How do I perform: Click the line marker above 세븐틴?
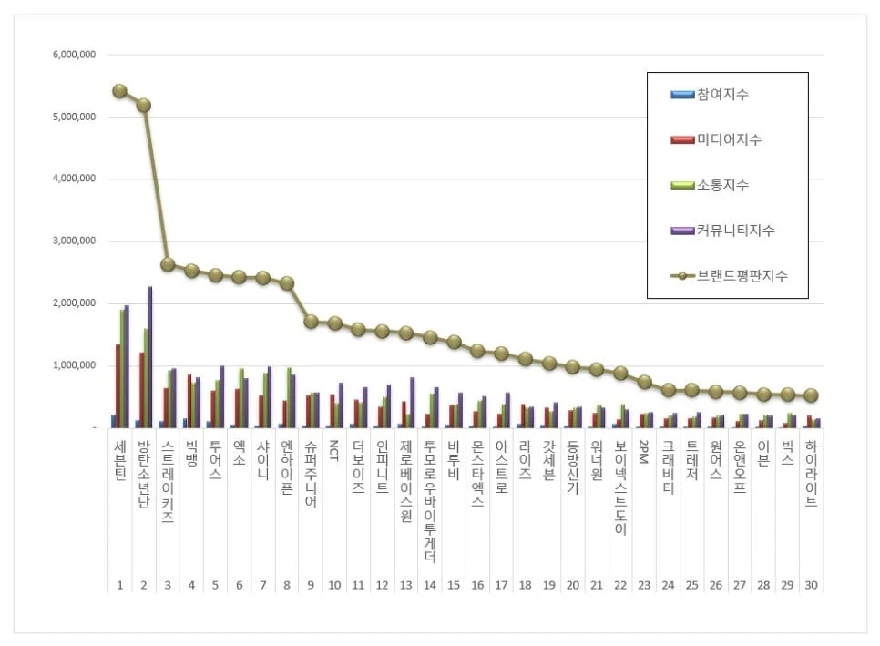pyautogui.click(x=120, y=91)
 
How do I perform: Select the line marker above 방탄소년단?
pyautogui.click(x=144, y=105)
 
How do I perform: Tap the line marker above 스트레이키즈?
pyautogui.click(x=168, y=264)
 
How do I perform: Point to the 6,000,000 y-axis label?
pyautogui.click(x=75, y=55)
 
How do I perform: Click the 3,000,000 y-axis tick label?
pyautogui.click(x=75, y=241)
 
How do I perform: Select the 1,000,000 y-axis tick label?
pyautogui.click(x=75, y=365)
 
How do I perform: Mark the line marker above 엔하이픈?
pyautogui.click(x=287, y=283)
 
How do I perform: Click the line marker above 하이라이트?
pyautogui.click(x=811, y=395)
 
